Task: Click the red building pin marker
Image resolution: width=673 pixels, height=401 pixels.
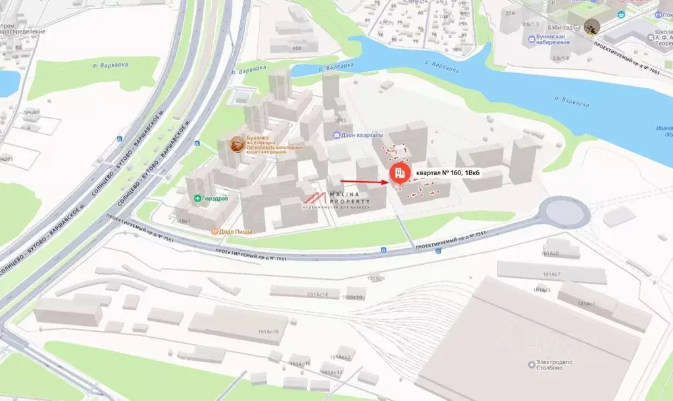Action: [398, 173]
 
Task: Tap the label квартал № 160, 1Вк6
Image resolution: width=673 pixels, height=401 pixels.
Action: [447, 173]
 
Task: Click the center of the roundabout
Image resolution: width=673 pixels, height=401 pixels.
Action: [563, 211]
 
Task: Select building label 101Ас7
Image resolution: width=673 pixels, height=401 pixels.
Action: [551, 273]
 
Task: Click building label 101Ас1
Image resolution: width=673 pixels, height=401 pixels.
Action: [586, 304]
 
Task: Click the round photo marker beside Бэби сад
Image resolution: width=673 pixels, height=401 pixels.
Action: [592, 26]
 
